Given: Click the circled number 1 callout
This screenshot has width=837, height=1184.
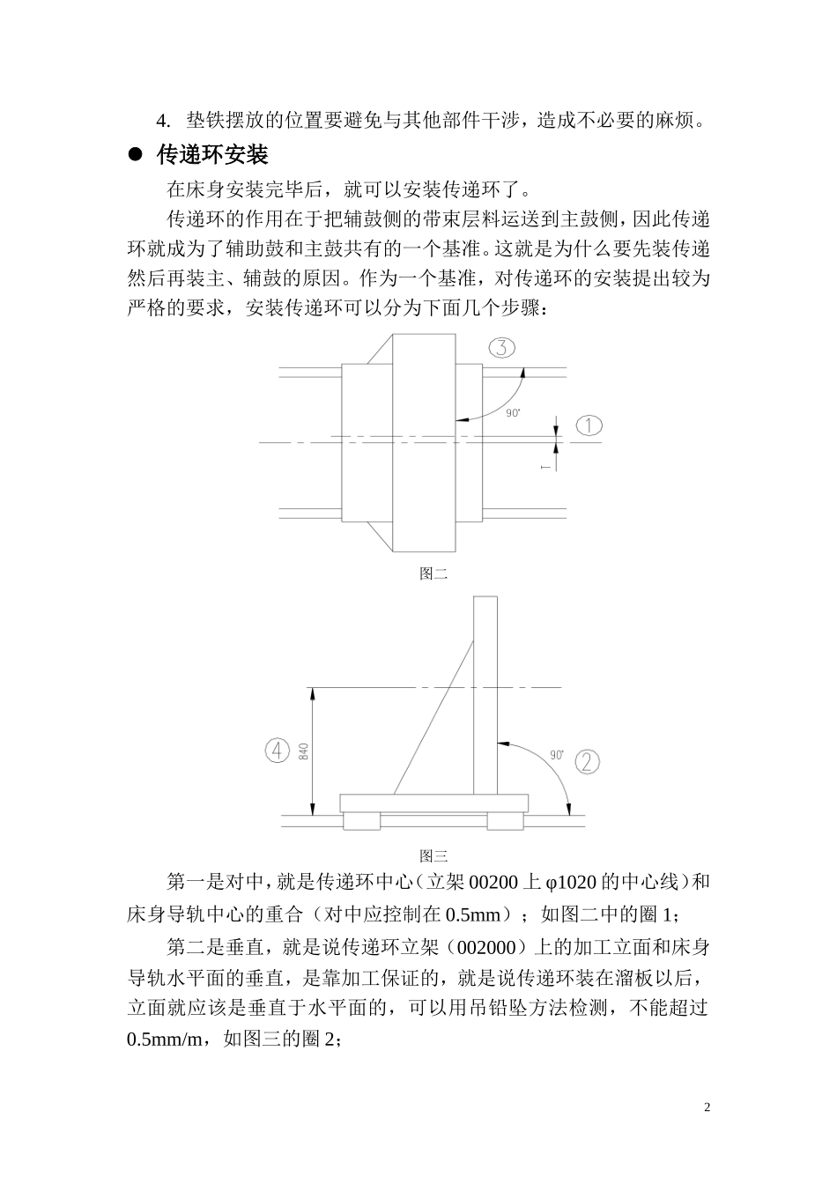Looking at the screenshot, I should click(x=589, y=425).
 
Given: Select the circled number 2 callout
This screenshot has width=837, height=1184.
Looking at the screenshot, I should click(x=589, y=761).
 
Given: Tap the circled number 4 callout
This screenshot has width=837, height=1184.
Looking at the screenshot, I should click(x=278, y=751).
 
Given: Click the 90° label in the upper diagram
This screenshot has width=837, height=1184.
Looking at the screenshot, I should click(x=514, y=412).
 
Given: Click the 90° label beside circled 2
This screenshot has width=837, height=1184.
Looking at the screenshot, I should click(x=557, y=754).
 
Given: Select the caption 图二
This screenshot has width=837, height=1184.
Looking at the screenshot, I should click(x=433, y=574).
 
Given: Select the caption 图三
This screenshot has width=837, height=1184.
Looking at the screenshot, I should click(x=433, y=855).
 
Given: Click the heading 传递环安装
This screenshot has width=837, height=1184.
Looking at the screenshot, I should click(x=212, y=155).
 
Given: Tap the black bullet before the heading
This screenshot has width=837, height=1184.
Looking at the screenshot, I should click(x=136, y=155).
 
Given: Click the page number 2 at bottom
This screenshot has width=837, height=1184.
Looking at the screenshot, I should click(x=707, y=1106).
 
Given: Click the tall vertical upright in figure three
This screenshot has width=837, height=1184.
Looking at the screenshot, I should click(x=485, y=696).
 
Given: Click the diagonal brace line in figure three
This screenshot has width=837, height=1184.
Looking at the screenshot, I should click(x=433, y=716).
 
